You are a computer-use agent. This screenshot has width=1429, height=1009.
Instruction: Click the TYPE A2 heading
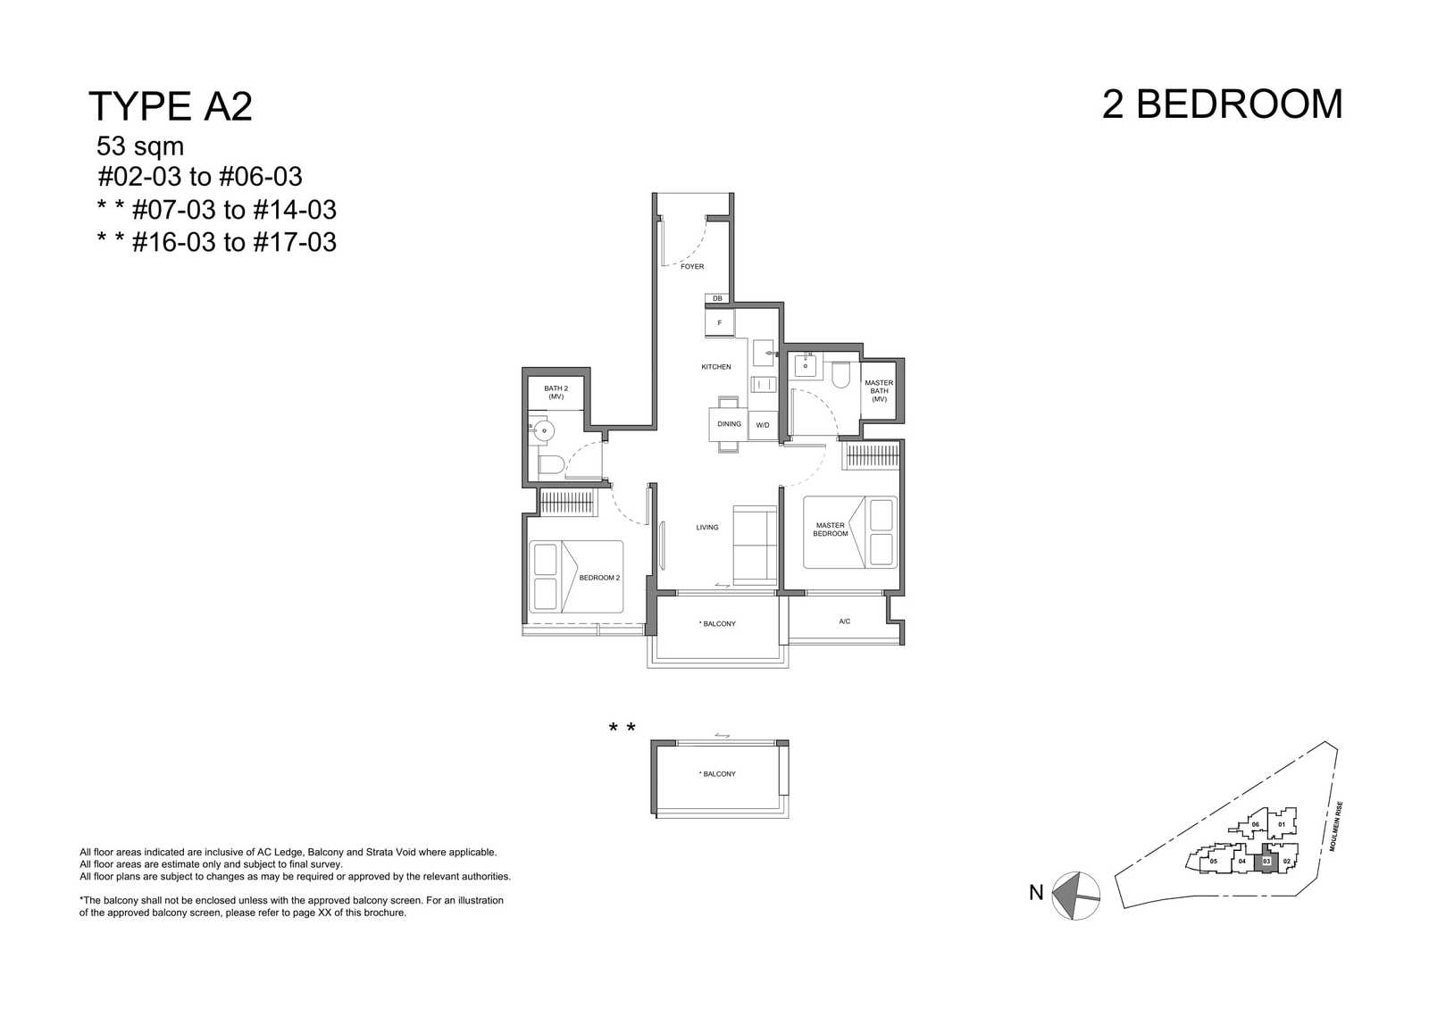(171, 106)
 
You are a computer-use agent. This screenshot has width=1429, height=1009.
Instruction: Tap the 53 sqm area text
(140, 146)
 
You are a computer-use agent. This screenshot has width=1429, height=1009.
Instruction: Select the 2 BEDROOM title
(1223, 104)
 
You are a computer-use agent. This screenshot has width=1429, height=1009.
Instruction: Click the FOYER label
(692, 267)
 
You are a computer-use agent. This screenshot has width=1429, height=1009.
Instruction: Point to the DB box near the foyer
(717, 298)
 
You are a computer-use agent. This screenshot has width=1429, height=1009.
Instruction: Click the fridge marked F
(720, 322)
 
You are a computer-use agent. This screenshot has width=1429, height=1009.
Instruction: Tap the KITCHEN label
(715, 367)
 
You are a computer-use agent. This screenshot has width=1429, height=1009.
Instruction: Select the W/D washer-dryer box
(763, 425)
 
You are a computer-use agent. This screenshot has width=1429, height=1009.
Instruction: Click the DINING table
(729, 424)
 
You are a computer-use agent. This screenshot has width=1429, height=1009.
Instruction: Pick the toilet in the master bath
(840, 375)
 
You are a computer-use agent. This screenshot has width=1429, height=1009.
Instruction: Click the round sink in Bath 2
(544, 429)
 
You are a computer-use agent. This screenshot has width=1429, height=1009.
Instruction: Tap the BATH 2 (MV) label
(556, 392)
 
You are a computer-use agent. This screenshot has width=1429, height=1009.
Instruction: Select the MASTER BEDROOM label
(830, 530)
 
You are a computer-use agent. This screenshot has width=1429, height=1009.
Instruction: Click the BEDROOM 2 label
(599, 578)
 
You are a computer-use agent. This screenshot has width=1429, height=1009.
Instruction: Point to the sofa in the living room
(755, 546)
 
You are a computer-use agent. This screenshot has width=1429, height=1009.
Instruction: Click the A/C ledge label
(845, 621)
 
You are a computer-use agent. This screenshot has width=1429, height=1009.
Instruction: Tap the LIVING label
(706, 528)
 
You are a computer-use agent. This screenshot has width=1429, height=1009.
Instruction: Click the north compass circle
(1075, 896)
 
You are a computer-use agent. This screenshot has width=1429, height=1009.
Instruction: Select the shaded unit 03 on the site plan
(1266, 862)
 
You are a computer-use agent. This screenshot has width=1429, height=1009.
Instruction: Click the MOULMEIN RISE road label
(1336, 827)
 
